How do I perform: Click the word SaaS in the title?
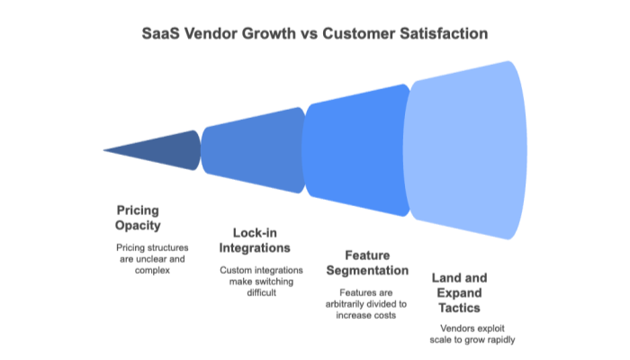[159, 33]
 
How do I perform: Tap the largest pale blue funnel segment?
[468, 150]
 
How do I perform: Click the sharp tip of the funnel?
[105, 149]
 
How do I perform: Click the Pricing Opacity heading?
[138, 217]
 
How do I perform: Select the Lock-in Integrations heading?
[255, 238]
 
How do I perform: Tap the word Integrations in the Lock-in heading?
[255, 247]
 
